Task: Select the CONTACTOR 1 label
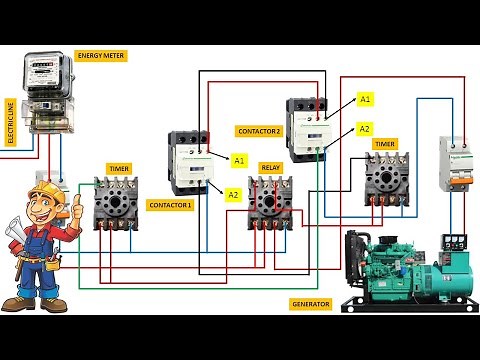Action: (x=169, y=204)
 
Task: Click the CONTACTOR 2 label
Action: (x=259, y=131)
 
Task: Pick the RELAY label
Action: (x=270, y=167)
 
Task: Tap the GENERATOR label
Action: (x=310, y=303)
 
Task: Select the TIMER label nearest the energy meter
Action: (x=118, y=170)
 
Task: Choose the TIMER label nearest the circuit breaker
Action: (x=385, y=144)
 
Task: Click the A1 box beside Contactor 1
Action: (x=239, y=160)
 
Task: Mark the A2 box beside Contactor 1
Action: (x=232, y=193)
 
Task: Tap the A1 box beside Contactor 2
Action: (x=365, y=99)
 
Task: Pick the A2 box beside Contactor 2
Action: (x=365, y=129)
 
